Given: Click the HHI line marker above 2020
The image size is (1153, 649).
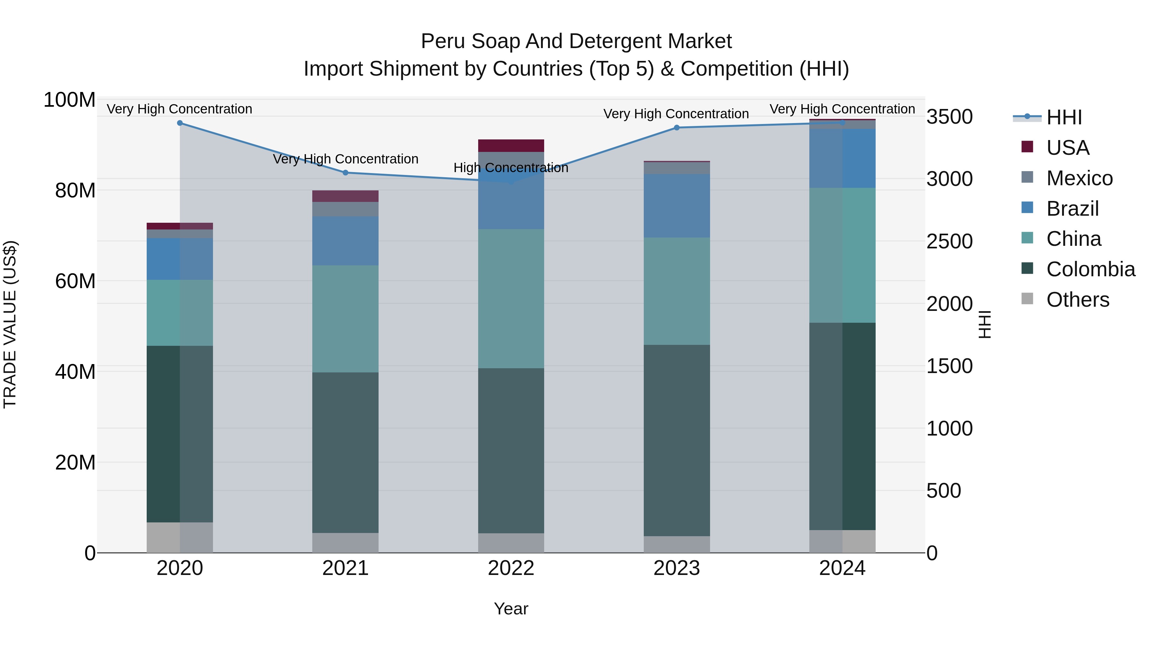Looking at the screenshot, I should point(180,123).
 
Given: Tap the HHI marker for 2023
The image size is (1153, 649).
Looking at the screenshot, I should point(676,128).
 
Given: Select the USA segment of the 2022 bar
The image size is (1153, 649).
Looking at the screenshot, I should point(511,146).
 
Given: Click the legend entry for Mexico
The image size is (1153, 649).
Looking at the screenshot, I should point(1079,178).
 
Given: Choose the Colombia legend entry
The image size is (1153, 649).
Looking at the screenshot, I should point(1090,269).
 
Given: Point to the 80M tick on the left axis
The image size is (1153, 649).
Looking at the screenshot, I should point(75,191).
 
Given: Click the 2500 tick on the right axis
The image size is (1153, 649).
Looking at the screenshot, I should point(949,241).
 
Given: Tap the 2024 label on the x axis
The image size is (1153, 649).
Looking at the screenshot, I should point(842,568).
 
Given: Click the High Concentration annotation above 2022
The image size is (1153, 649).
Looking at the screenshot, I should point(511,168).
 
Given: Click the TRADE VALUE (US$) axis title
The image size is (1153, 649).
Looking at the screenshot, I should point(10,324).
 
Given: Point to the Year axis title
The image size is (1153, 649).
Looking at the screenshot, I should point(511,609).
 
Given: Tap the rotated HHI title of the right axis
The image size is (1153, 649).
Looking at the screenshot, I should point(985,324).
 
